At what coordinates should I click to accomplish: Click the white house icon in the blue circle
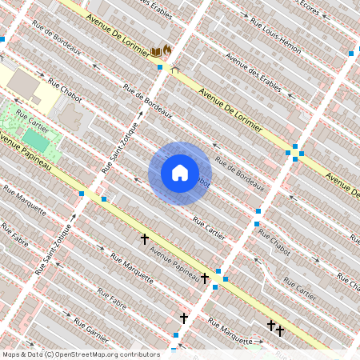click(180, 173)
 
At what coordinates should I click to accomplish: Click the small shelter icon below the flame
click(175, 69)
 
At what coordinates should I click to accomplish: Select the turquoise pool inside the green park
click(34, 138)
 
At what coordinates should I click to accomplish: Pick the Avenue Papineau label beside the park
click(26, 153)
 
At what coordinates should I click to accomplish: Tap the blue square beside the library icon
click(160, 67)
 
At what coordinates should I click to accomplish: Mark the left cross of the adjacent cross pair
click(271, 325)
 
